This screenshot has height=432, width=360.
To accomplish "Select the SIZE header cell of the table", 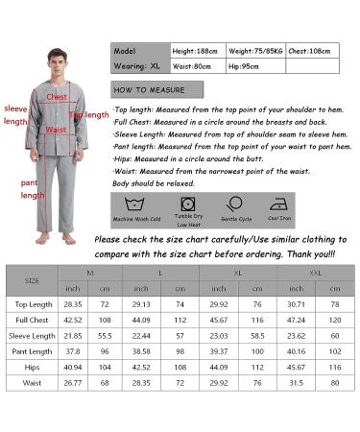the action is (x=32, y=280).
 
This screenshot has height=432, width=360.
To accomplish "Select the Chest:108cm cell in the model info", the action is (x=314, y=50).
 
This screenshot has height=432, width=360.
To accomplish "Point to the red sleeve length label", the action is (x=15, y=115).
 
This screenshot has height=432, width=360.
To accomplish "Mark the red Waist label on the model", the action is (x=57, y=129).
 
